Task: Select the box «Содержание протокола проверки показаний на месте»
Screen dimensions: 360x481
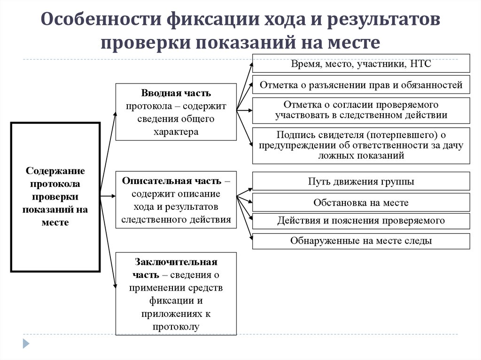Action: coord(55,197)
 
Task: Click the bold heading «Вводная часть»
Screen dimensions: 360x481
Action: coord(176,93)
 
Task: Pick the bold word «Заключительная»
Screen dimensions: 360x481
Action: coord(176,262)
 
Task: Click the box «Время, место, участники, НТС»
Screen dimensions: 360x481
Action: coord(361,64)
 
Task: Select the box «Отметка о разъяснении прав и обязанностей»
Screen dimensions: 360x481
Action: coord(361,85)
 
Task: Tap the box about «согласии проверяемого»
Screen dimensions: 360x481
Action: coord(361,110)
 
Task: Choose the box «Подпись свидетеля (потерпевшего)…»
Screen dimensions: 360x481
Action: coord(361,145)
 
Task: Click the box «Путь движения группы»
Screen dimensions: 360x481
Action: coord(361,181)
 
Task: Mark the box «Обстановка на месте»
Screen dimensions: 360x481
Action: coord(361,202)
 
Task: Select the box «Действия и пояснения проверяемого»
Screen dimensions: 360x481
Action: coord(361,221)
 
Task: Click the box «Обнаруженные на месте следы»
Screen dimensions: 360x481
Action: coord(361,241)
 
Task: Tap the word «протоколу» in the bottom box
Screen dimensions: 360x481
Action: coord(176,326)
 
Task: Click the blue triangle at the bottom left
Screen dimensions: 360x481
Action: coord(26,343)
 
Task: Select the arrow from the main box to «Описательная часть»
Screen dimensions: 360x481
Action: coord(108,195)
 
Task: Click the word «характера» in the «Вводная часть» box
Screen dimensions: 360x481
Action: coord(176,131)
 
